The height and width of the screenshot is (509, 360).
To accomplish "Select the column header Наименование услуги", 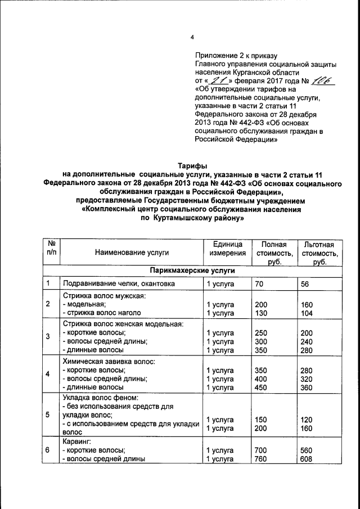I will pyautogui.click(x=132, y=253).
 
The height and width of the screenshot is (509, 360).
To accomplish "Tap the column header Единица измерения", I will pyautogui.click(x=227, y=249).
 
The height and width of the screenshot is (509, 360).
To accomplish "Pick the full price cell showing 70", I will pyautogui.click(x=259, y=284).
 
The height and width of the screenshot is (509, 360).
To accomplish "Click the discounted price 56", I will pyautogui.click(x=305, y=284).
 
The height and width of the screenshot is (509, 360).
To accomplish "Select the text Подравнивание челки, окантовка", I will pyautogui.click(x=119, y=284).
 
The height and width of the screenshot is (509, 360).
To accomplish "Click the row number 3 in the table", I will pyautogui.click(x=48, y=336).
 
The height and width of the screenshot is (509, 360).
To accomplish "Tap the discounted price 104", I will pyautogui.click(x=308, y=313).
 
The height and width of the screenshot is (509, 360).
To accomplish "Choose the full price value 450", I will pyautogui.click(x=262, y=388).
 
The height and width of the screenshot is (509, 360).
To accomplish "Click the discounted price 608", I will pyautogui.click(x=308, y=458).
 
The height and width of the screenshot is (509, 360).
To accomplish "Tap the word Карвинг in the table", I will pyautogui.click(x=76, y=442).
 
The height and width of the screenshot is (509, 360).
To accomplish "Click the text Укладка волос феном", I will pyautogui.click(x=101, y=398).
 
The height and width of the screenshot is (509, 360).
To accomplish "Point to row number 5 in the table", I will pyautogui.click(x=48, y=415).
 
